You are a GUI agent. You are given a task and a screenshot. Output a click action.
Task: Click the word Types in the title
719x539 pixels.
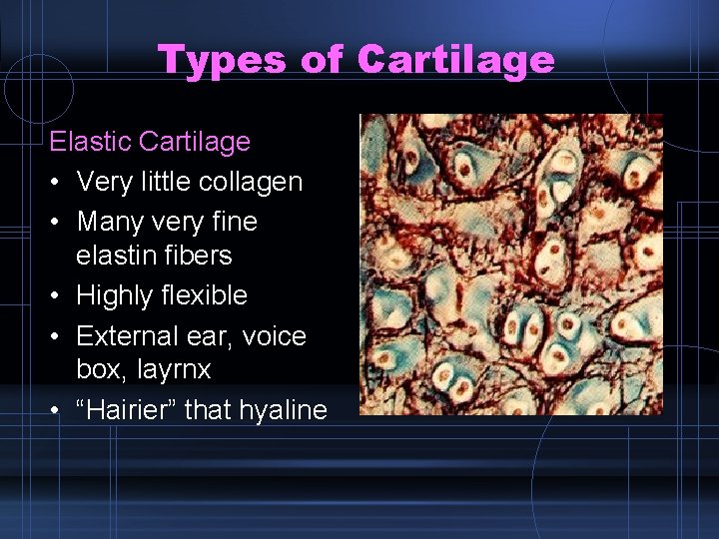[222, 60]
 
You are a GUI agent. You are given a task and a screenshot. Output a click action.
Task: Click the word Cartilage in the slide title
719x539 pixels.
[454, 60]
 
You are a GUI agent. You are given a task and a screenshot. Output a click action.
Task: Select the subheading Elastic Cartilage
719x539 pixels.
[150, 142]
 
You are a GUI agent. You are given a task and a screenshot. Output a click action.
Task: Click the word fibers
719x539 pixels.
[199, 256]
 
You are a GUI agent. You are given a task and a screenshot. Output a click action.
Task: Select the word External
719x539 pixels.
[123, 336]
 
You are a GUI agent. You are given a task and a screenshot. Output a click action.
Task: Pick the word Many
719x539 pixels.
[106, 221]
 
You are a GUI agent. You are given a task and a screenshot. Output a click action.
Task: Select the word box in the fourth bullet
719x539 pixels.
[96, 370]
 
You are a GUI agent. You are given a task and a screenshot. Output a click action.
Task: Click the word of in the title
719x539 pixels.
[322, 60]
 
